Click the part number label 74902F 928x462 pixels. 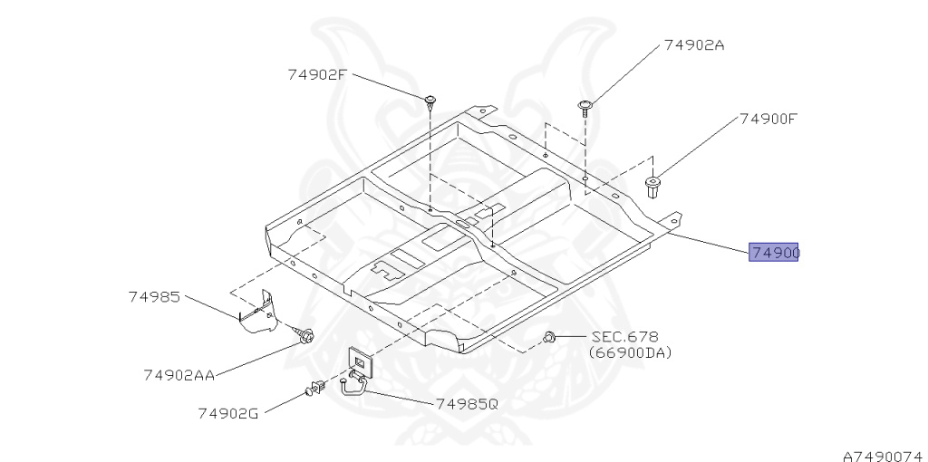(x=317, y=74)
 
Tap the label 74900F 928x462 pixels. (x=768, y=118)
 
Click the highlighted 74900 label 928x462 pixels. (x=773, y=253)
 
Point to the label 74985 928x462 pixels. (x=154, y=296)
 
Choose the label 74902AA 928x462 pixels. (x=179, y=373)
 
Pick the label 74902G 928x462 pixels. (x=228, y=413)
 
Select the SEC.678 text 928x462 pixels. (x=625, y=336)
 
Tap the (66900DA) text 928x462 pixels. (x=630, y=352)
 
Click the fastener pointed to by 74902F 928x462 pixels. (x=431, y=100)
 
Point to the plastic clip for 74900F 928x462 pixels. (x=654, y=188)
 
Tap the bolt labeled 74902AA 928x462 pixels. (x=306, y=337)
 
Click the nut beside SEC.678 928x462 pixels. (x=549, y=338)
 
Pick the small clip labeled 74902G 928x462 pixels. (x=316, y=390)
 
